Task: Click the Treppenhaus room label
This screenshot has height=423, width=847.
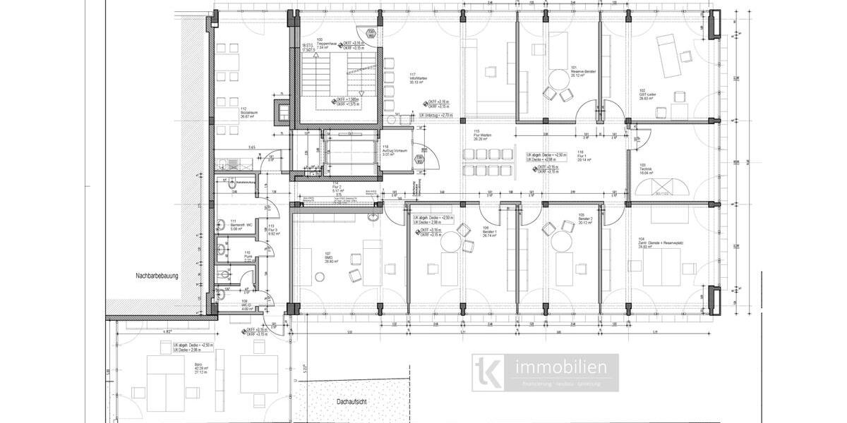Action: [x=326, y=43]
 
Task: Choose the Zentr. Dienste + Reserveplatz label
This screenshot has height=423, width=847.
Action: [x=661, y=243]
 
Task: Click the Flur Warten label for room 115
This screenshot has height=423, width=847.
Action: [x=483, y=135]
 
